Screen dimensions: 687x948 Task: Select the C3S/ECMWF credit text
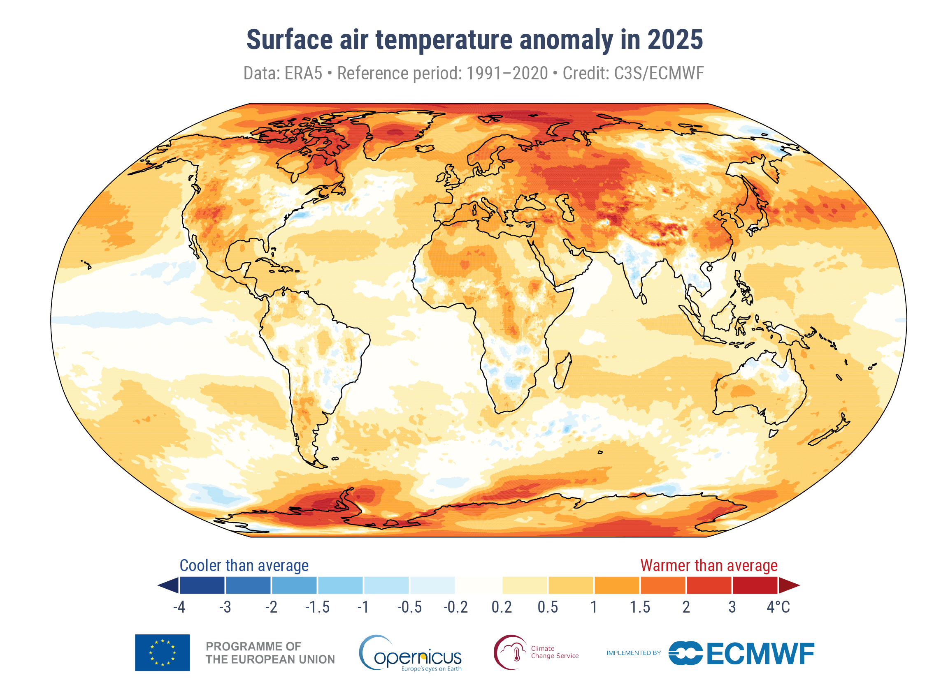[659, 74]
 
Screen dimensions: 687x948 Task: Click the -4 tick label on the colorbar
[179, 607]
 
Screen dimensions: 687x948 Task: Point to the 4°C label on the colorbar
[778, 607]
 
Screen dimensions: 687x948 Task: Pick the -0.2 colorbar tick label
[455, 607]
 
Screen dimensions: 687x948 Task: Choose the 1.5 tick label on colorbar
[639, 607]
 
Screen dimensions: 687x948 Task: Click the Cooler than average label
[244, 565]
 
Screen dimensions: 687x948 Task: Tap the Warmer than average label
[709, 565]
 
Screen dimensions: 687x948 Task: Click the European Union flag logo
[162, 653]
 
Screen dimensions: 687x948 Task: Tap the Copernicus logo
[411, 654]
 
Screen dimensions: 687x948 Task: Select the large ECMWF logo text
[760, 654]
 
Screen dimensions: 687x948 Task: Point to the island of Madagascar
[562, 371]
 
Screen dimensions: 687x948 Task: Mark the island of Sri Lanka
[644, 299]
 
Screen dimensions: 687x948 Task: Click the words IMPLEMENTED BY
[633, 653]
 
